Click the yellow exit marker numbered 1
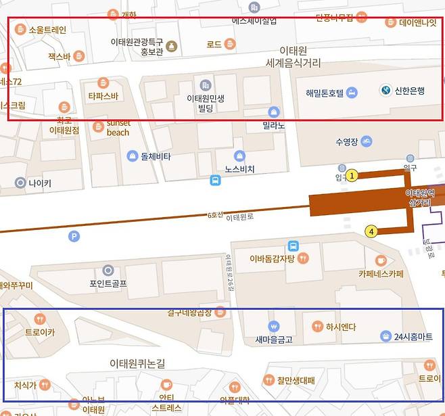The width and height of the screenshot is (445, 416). [x=352, y=176]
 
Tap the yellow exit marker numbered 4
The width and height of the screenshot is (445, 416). [x=371, y=232]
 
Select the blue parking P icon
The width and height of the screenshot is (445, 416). [x=74, y=236]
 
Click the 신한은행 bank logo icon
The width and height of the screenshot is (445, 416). [x=385, y=90]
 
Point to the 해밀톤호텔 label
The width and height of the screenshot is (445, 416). [x=325, y=93]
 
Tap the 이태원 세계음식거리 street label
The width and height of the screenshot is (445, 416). [x=294, y=57]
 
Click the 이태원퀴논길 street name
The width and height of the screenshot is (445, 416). [x=137, y=364]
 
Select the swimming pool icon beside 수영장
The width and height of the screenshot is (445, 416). [x=366, y=141]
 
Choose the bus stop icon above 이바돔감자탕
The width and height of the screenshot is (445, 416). [x=294, y=246]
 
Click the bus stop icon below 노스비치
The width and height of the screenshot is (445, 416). [x=215, y=180]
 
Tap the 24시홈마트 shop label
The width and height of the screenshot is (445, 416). [x=413, y=336]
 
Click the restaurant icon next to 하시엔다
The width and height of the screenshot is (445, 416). [x=317, y=327]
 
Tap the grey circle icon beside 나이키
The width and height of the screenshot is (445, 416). [x=20, y=183]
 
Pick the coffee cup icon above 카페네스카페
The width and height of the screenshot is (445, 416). [x=381, y=260]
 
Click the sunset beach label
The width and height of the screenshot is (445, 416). [x=118, y=128]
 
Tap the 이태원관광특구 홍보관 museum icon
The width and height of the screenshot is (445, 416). [x=171, y=46]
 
